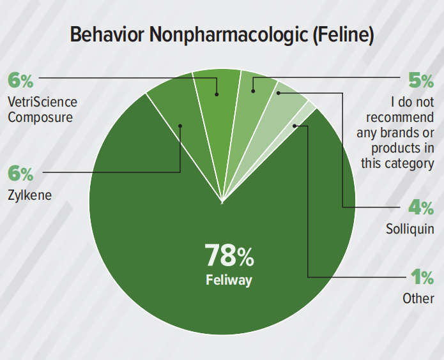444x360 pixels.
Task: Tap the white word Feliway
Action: pos(229,280)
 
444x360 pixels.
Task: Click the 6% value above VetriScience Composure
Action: pos(20,81)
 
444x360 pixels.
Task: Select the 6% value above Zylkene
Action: pos(20,174)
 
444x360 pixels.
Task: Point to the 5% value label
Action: pos(420,81)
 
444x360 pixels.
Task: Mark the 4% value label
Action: pos(420,208)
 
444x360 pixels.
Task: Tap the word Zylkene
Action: pos(29,194)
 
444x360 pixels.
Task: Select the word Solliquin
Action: pos(410,228)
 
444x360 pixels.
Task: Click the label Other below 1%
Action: pos(418,298)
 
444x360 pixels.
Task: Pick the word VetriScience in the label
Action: pos(42,102)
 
